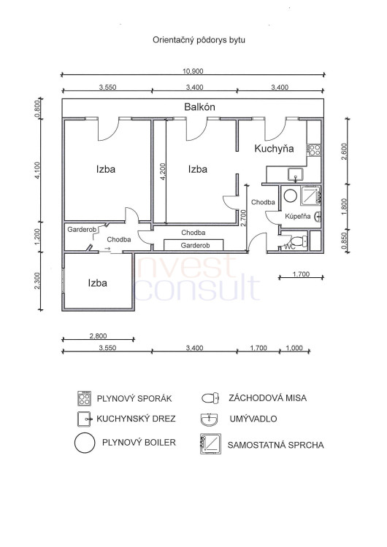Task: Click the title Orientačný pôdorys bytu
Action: [199, 40]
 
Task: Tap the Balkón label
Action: [199, 106]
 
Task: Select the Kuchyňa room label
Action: [274, 149]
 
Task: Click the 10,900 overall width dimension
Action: [193, 71]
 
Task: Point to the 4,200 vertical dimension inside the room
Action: [162, 171]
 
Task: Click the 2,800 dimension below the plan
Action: [98, 336]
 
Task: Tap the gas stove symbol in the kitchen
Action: [314, 150]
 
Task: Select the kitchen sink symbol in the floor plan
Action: [296, 174]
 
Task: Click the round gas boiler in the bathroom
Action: [291, 195]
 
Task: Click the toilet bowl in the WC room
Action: [299, 241]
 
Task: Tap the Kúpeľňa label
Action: [298, 217]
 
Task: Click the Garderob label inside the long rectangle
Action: [195, 246]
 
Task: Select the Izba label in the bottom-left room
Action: [97, 283]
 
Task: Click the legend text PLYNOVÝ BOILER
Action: [139, 443]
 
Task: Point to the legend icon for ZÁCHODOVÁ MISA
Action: [210, 398]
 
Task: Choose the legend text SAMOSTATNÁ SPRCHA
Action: [275, 445]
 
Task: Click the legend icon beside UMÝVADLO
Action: [210, 419]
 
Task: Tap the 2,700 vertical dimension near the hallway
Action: [244, 217]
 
